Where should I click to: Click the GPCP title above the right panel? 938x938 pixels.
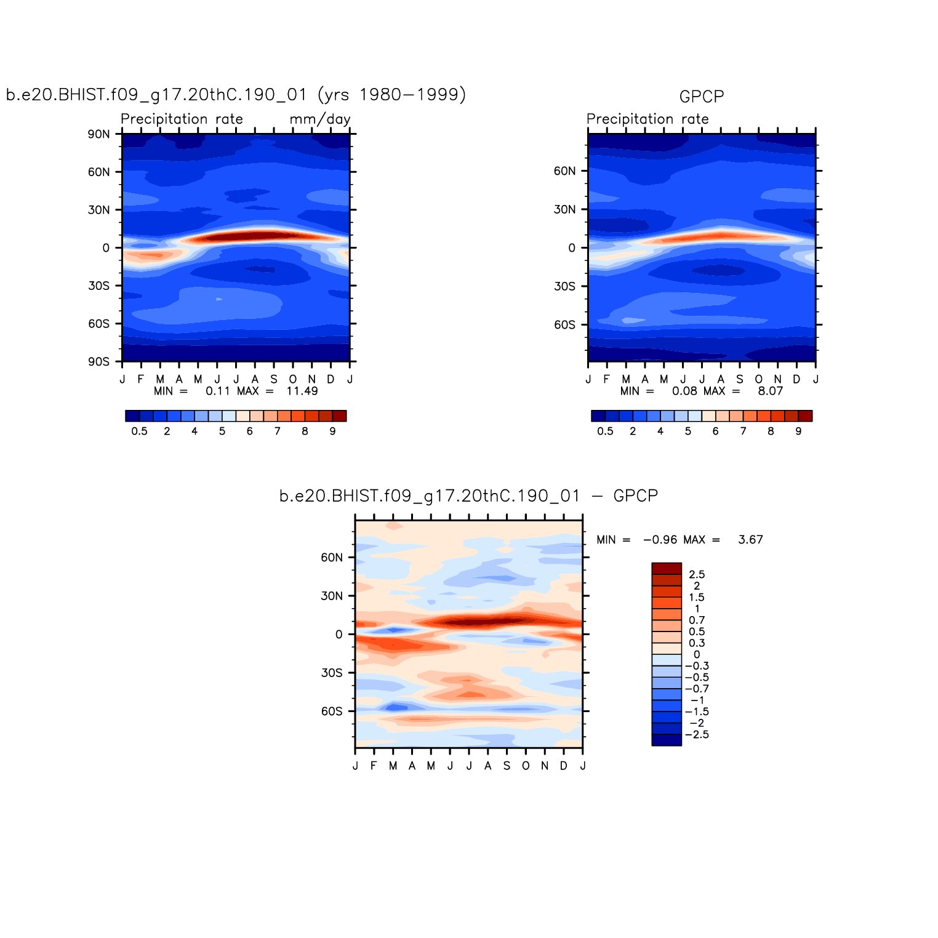701,97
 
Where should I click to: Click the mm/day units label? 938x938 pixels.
320,119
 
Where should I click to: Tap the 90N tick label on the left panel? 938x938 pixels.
98,134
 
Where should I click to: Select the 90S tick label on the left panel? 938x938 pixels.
98,362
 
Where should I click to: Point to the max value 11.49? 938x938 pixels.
302,391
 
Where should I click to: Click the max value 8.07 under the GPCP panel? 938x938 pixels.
770,391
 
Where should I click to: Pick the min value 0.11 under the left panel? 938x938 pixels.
217,391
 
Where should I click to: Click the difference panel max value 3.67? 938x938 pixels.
750,540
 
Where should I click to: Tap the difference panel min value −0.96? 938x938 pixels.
660,540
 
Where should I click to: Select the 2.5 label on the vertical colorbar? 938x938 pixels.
697,575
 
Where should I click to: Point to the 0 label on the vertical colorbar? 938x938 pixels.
697,655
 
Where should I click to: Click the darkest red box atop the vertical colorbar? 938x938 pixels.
667,569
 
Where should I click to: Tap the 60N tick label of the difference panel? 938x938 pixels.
332,558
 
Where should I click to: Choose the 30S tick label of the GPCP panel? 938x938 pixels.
564,286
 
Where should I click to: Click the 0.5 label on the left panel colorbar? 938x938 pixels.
139,431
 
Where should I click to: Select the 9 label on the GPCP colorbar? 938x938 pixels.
798,431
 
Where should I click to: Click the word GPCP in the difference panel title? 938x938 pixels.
636,496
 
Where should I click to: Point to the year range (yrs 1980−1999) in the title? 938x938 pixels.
392,95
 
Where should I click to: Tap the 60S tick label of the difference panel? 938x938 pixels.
332,712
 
